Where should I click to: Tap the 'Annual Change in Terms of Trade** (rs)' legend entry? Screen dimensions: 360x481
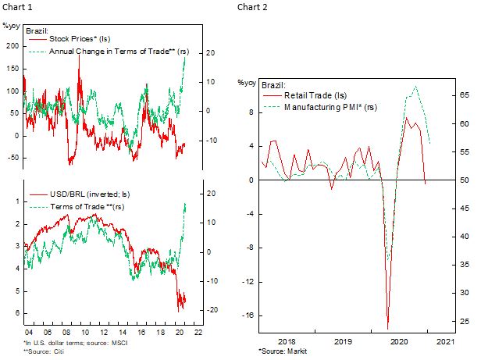click(x=119, y=51)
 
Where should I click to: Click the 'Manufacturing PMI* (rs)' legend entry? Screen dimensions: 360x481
click(x=328, y=105)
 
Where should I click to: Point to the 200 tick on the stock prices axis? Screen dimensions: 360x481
click(x=11, y=45)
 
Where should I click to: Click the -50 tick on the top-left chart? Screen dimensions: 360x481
click(x=11, y=158)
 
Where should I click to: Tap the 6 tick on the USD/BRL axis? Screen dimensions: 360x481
click(x=16, y=314)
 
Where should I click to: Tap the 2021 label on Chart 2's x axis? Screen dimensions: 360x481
click(x=445, y=342)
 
